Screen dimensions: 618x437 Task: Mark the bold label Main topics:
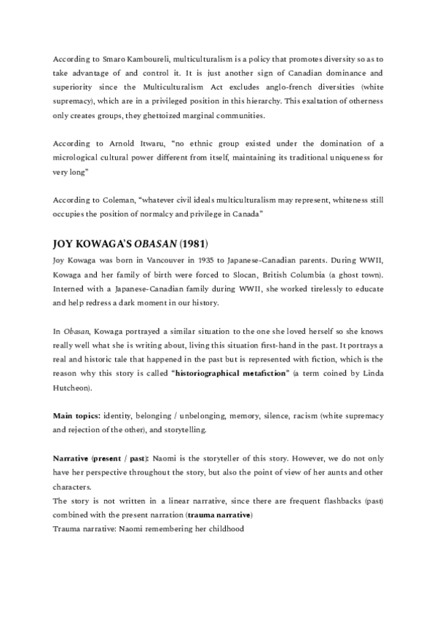77,415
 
